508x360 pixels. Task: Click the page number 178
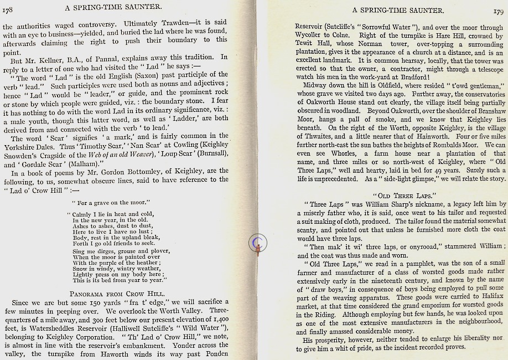pyautogui.click(x=8, y=7)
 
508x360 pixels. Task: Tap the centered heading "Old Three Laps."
pyautogui.click(x=401, y=195)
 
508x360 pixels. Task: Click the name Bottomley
pyautogui.click(x=157, y=171)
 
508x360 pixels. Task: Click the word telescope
pyautogui.click(x=485, y=68)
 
